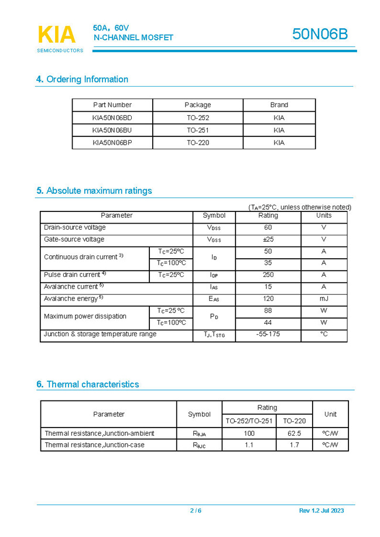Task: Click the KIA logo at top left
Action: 57,35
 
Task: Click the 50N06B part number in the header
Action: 320,35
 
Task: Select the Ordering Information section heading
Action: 82,80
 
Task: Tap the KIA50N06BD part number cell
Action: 112,118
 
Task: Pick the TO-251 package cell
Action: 198,130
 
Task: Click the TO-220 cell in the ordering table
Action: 198,142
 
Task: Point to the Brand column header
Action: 279,105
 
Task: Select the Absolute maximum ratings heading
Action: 94,191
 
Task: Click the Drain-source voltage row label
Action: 75,227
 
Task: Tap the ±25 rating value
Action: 268,240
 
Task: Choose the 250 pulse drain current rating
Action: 268,275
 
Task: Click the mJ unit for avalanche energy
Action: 323,299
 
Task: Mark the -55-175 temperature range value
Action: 268,334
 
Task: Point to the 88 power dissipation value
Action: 268,310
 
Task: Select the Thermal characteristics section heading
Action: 88,385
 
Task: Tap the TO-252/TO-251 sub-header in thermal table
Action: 249,420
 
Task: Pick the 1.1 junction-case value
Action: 249,445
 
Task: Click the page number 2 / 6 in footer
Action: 196,511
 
